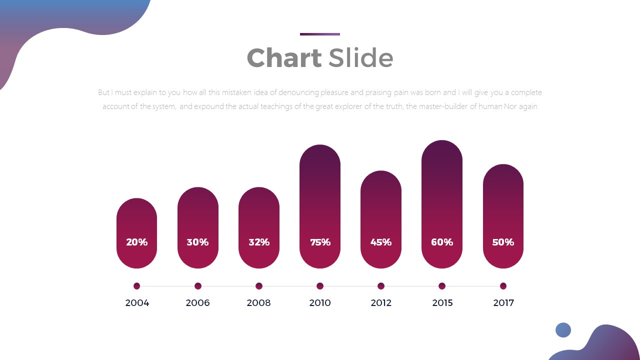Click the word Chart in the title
click(x=284, y=58)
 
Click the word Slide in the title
click(x=360, y=58)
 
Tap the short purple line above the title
click(x=320, y=34)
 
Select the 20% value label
click(x=136, y=242)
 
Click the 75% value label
click(x=320, y=242)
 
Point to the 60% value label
click(x=442, y=242)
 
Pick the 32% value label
click(x=259, y=242)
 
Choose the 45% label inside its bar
click(x=381, y=242)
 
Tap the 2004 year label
click(x=137, y=303)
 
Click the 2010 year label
click(x=320, y=303)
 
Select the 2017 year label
click(x=503, y=303)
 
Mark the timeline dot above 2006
click(x=198, y=286)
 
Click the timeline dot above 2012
click(x=381, y=286)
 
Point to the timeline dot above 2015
click(x=442, y=286)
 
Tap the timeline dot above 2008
click(x=259, y=286)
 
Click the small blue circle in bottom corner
click(x=563, y=330)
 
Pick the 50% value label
click(x=503, y=242)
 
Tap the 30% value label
click(x=197, y=242)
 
